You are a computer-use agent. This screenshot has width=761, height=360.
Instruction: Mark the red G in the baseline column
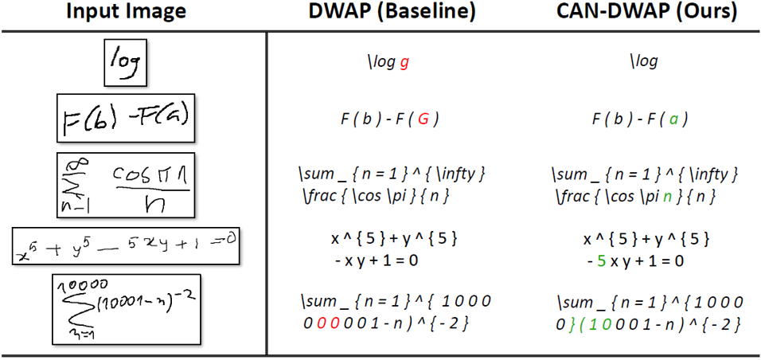pyautogui.click(x=424, y=120)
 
